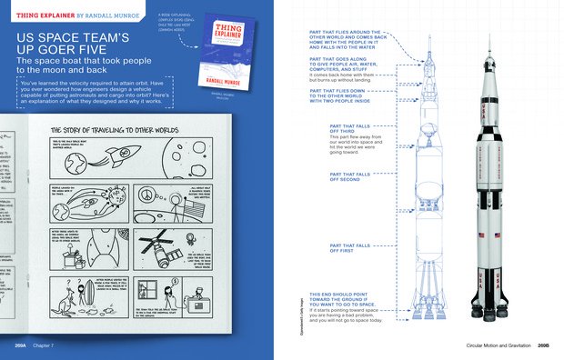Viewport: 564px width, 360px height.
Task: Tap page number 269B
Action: pos(543,346)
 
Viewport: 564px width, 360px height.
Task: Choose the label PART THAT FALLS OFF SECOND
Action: pos(358,175)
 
